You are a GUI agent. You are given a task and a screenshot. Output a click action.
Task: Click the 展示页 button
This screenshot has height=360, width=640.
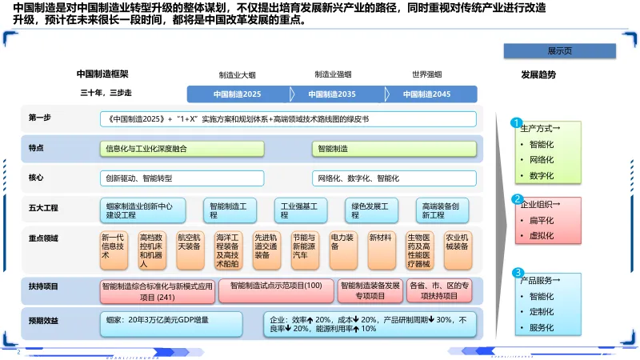point(558,50)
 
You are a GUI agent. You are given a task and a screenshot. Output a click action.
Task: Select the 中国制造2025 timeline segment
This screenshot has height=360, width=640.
point(237,94)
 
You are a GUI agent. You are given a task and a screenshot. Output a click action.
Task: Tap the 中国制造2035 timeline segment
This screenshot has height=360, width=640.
point(332,94)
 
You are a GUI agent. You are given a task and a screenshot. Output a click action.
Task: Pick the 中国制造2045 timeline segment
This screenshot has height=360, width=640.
point(426,94)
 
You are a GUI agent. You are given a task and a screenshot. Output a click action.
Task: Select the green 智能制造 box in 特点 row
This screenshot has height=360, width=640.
point(394,148)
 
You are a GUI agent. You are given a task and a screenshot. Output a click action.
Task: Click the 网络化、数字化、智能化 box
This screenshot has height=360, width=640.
point(394,178)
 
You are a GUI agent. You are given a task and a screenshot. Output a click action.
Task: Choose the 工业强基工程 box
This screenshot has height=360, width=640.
point(301,210)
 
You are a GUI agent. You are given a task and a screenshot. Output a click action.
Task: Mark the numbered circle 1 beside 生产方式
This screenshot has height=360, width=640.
point(517,123)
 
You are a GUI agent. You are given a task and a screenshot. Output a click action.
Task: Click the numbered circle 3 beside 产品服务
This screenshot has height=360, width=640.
point(517,273)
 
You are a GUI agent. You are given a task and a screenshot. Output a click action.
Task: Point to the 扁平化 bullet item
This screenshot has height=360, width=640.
point(542,220)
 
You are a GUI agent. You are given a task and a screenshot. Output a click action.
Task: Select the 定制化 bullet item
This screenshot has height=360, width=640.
point(542,311)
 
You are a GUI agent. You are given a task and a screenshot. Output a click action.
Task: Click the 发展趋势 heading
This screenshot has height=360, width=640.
point(538,74)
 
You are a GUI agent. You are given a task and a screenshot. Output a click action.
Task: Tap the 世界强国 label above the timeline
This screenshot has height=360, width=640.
point(426,74)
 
